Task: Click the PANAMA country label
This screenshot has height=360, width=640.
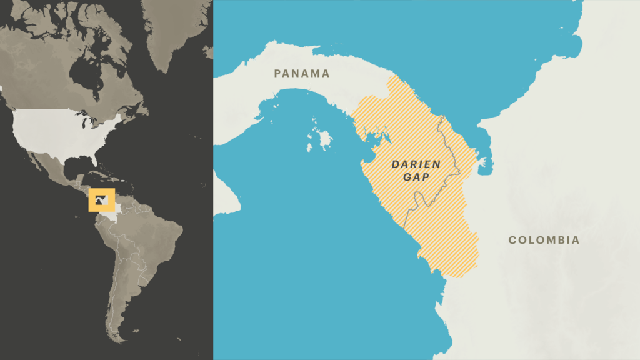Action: coord(302,73)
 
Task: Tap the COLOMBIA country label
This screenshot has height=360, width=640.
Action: coord(544,240)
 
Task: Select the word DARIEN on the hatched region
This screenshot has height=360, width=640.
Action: coord(416,164)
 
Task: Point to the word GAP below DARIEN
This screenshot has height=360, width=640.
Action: coord(416,177)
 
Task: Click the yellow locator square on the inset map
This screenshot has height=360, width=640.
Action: coord(102,200)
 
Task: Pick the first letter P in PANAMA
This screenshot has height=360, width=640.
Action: coord(277,73)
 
